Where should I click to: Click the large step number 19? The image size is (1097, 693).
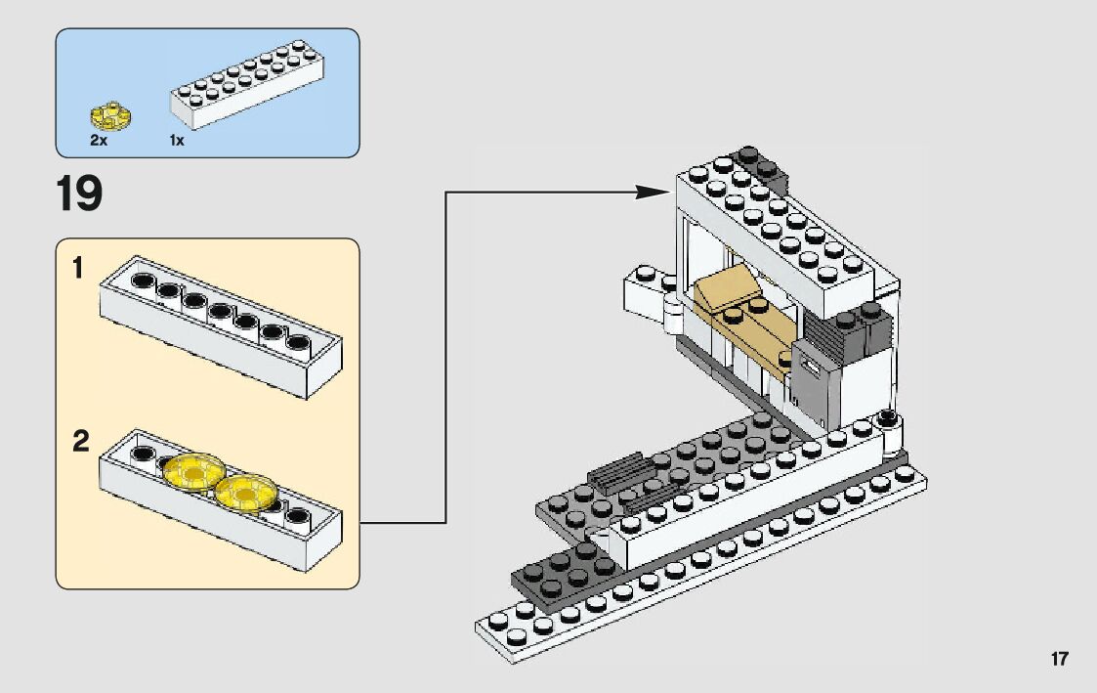pyautogui.click(x=79, y=194)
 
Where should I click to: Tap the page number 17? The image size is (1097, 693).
pyautogui.click(x=1060, y=659)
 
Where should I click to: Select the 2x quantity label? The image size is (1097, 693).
pyautogui.click(x=99, y=141)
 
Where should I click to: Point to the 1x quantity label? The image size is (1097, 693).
pyautogui.click(x=177, y=141)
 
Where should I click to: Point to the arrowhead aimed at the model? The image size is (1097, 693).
pyautogui.click(x=652, y=192)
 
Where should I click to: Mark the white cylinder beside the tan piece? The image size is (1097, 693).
pyautogui.click(x=674, y=315)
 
